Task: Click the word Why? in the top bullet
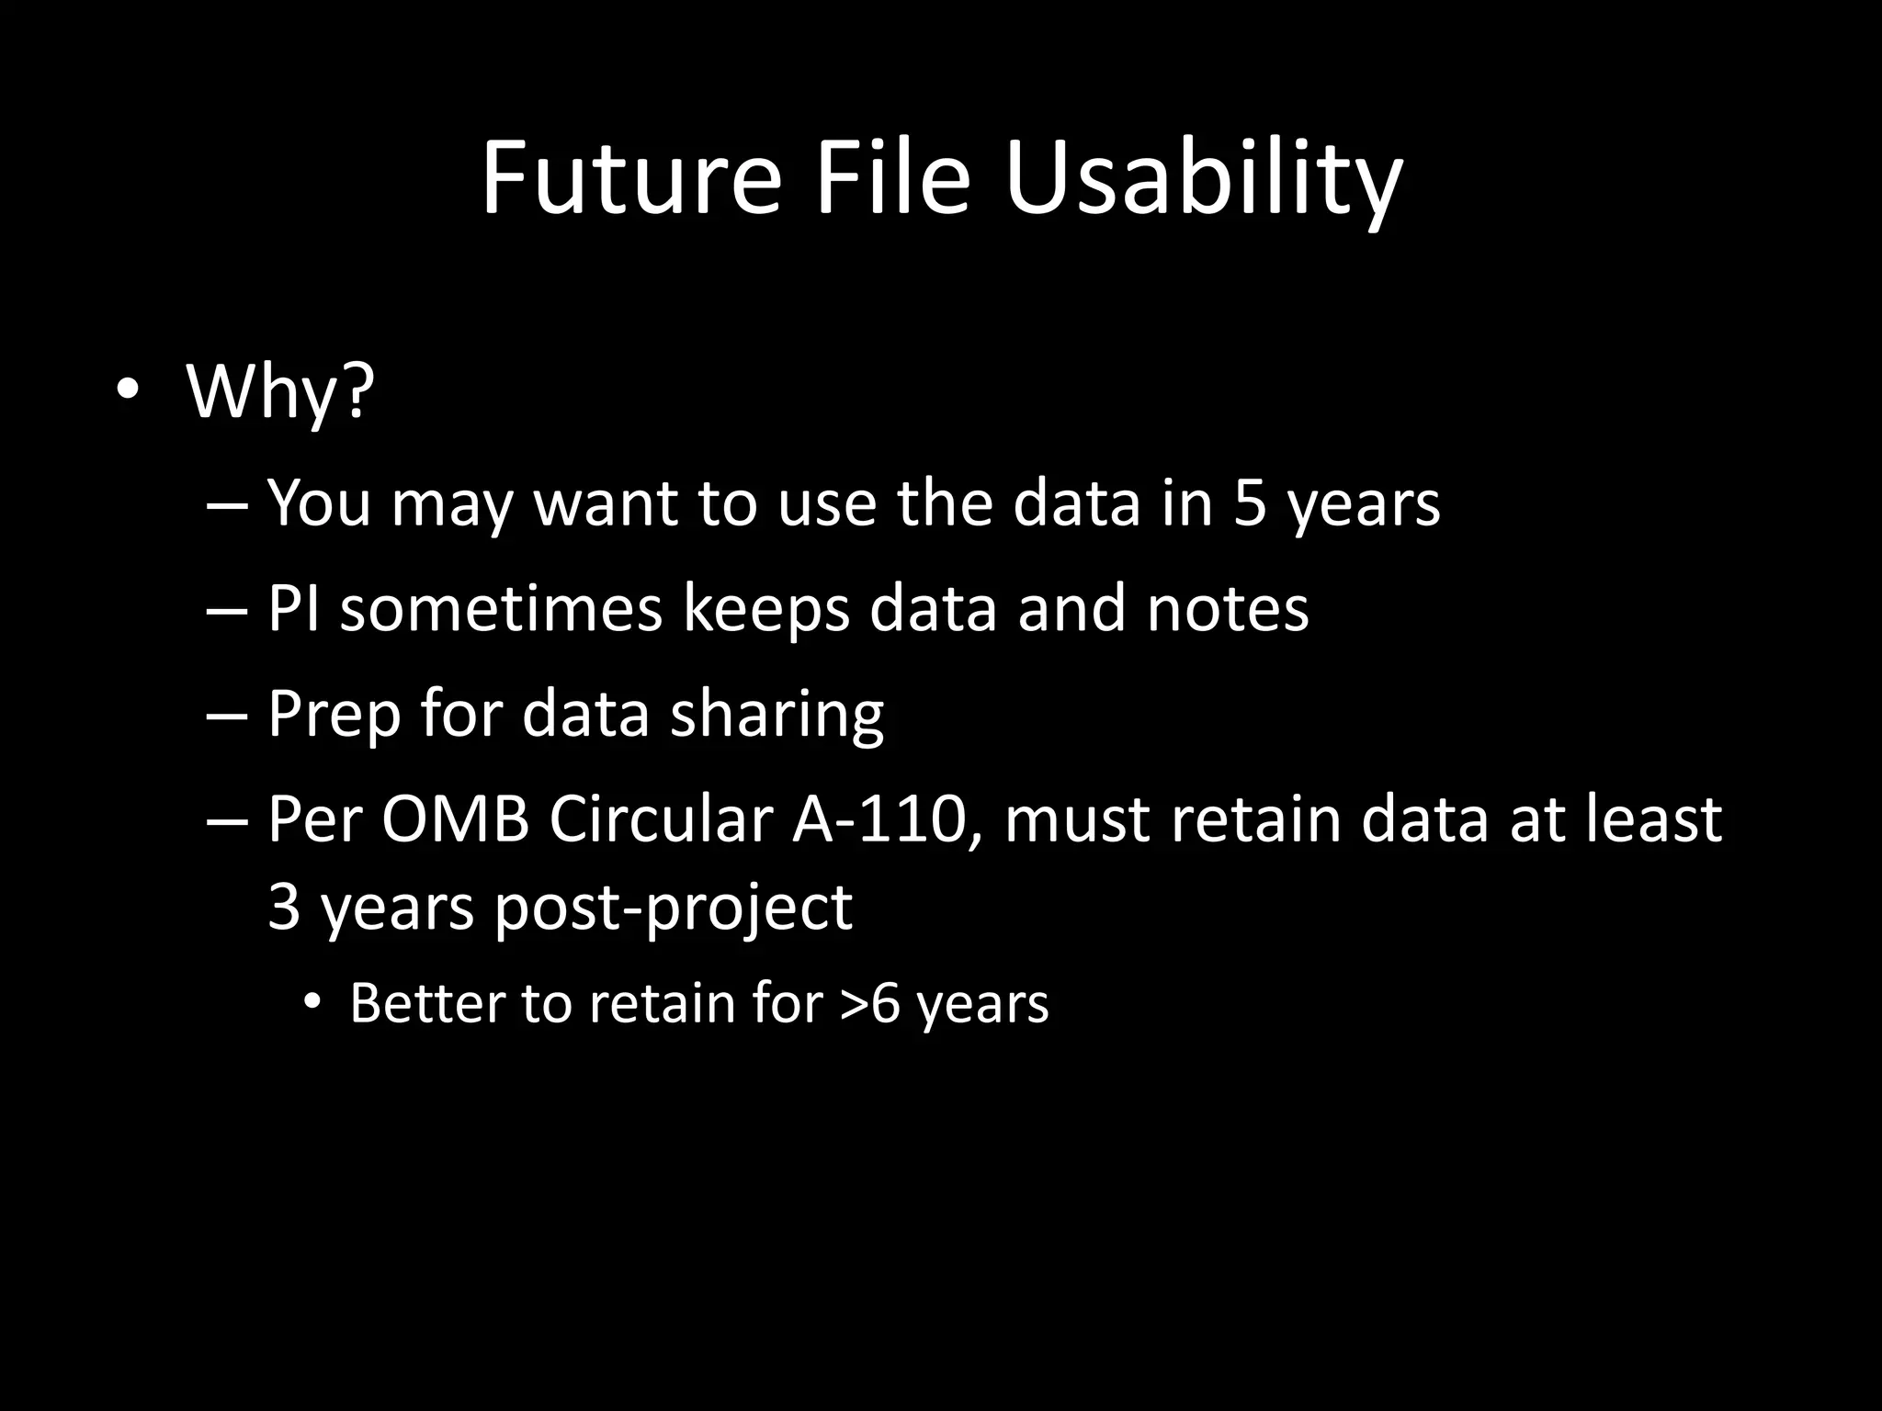coord(280,392)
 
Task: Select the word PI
coord(293,608)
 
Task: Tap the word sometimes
coord(502,608)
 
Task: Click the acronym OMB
coord(455,818)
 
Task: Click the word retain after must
coord(1255,818)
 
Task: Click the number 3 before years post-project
coord(284,907)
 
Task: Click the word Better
coord(426,1003)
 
